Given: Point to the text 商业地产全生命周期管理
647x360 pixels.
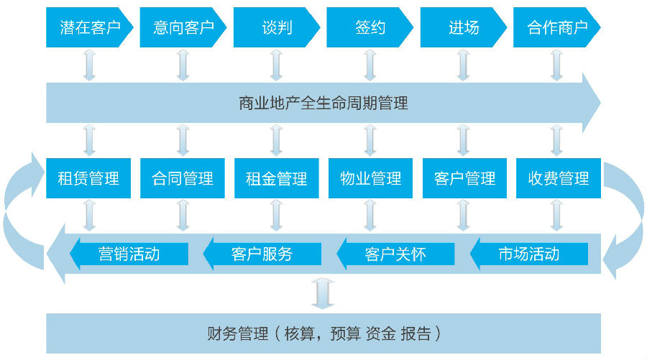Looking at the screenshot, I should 323,103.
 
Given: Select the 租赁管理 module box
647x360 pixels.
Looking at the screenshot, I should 88,178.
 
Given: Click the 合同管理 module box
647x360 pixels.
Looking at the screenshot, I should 183,178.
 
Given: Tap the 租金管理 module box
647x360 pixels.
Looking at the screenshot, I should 277,178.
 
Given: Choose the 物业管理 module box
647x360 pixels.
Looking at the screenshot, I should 370,178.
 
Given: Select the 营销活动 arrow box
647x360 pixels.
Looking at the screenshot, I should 129,254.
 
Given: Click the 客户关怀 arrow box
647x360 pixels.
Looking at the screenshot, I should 396,254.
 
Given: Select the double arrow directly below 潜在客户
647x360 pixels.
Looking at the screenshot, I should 88,66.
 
